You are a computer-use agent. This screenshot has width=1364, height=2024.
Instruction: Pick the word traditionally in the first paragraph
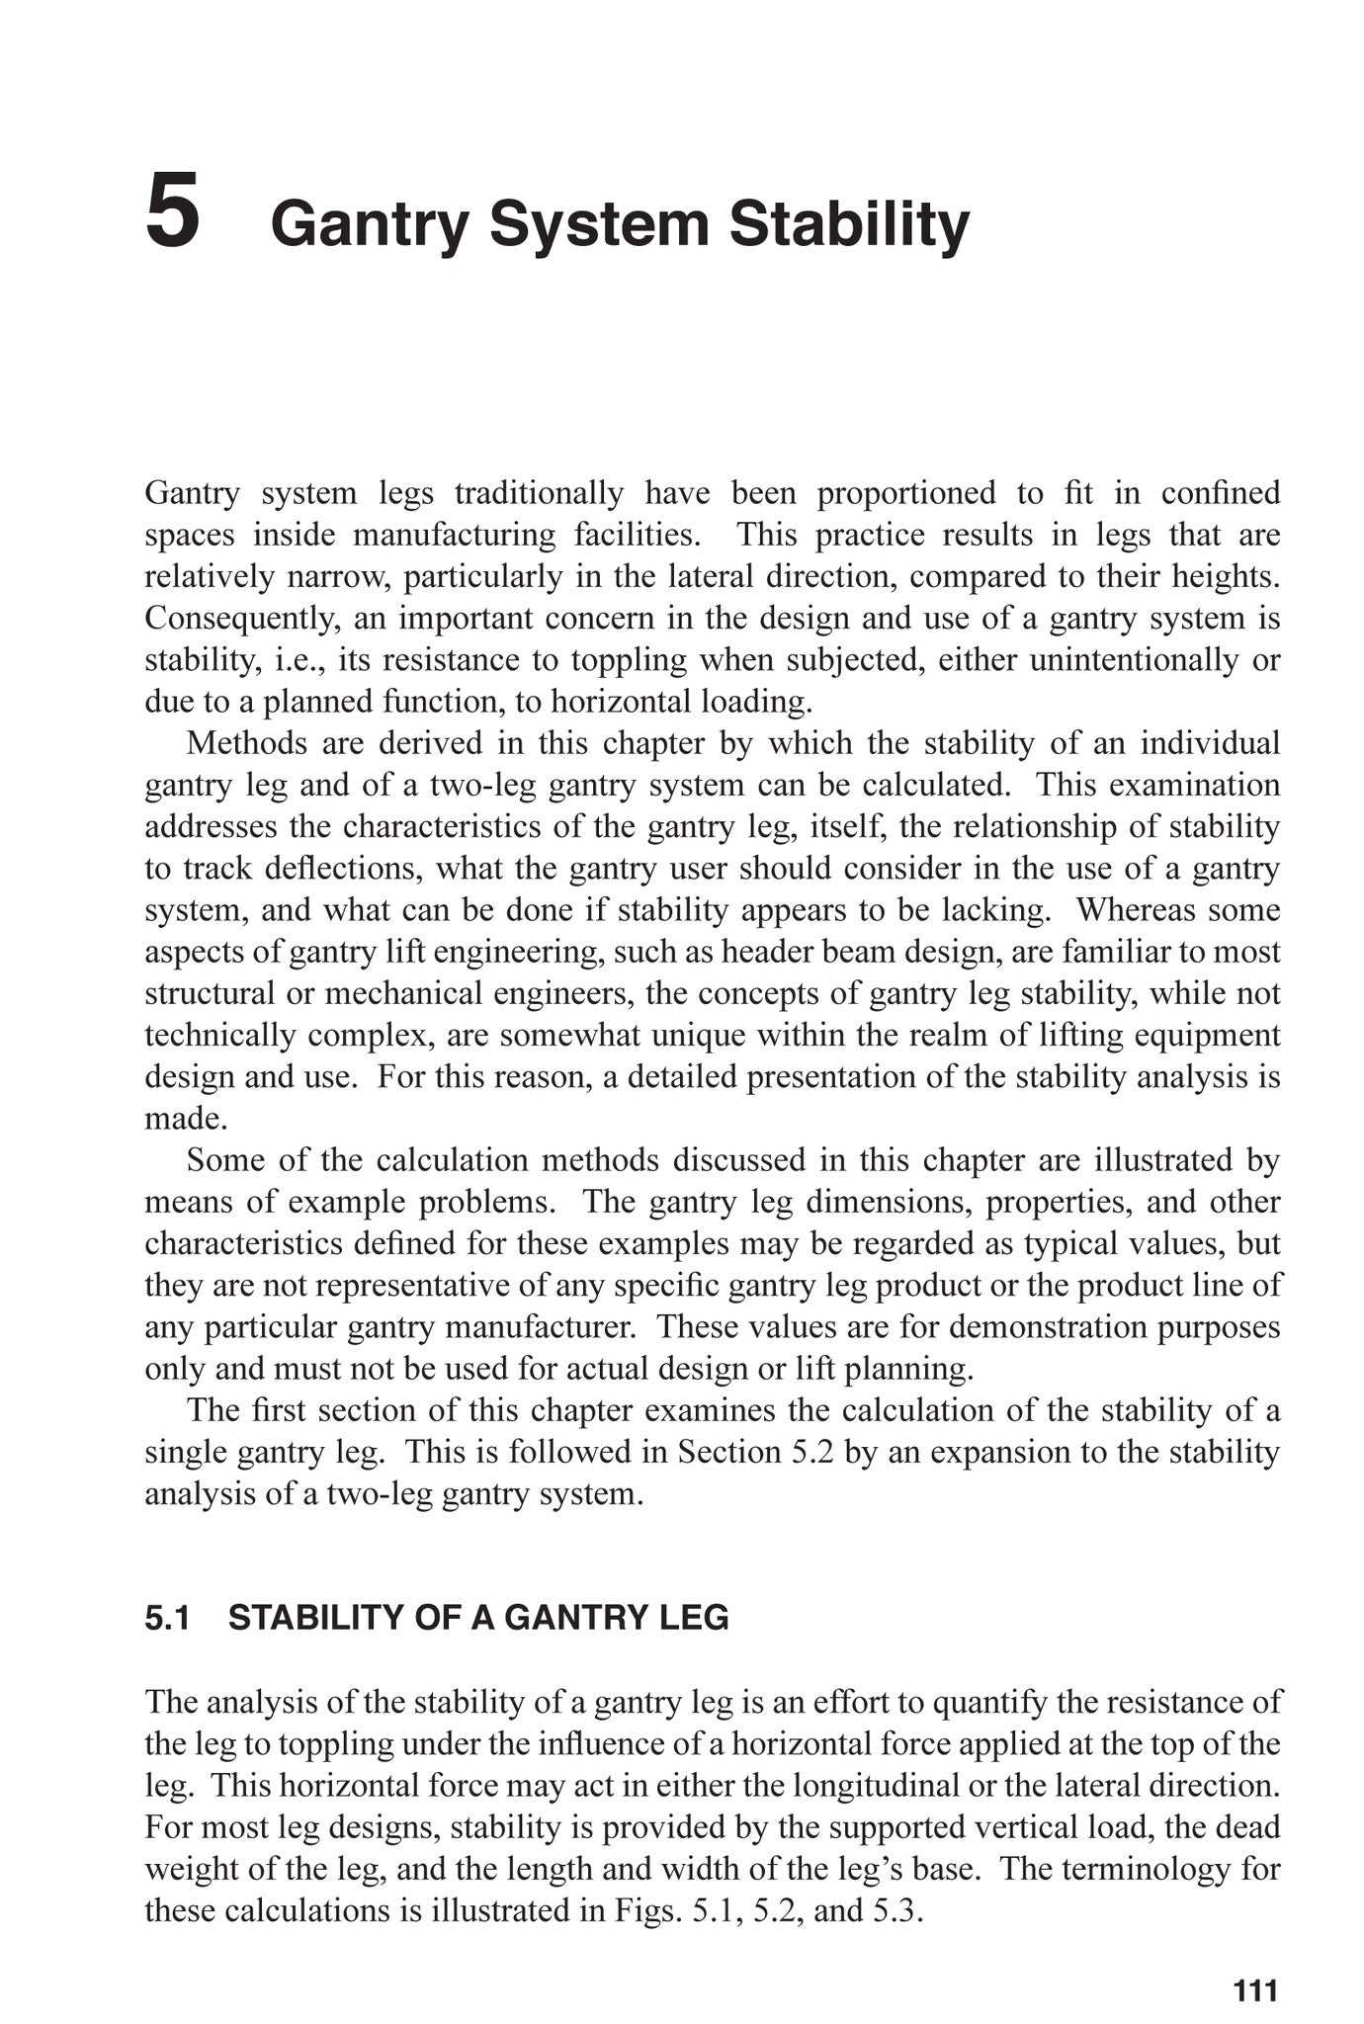pyautogui.click(x=539, y=493)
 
